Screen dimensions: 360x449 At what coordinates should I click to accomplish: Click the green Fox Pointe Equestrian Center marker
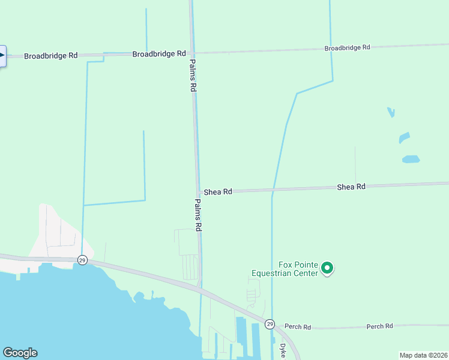pyautogui.click(x=327, y=268)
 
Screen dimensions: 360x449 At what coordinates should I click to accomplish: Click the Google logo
pyautogui.click(x=20, y=353)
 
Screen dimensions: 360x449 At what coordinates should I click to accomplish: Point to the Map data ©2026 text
pyautogui.click(x=423, y=355)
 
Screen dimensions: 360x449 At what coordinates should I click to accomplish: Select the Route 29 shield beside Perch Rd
pyautogui.click(x=270, y=324)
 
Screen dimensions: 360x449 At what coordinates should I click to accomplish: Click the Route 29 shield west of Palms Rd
pyautogui.click(x=82, y=260)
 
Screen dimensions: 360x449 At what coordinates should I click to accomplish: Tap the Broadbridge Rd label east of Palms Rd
pyautogui.click(x=348, y=47)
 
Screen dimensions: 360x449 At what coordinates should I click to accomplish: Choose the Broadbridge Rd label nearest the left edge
pyautogui.click(x=51, y=56)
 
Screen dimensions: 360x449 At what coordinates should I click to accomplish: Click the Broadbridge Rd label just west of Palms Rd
pyautogui.click(x=159, y=54)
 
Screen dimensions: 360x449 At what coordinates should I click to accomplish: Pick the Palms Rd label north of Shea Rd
pyautogui.click(x=193, y=75)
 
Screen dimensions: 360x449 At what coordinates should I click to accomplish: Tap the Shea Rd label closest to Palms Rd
pyautogui.click(x=218, y=192)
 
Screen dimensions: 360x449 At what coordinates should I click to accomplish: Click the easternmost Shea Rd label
pyautogui.click(x=351, y=187)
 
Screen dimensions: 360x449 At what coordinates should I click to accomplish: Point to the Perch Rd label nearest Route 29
pyautogui.click(x=298, y=327)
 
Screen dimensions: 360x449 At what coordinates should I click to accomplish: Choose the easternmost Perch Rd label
pyautogui.click(x=379, y=326)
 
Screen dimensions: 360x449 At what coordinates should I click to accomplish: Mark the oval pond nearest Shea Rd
pyautogui.click(x=411, y=160)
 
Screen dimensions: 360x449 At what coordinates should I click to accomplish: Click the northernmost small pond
pyautogui.click(x=391, y=112)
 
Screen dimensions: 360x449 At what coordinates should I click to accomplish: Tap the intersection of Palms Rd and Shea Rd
pyautogui.click(x=197, y=193)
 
